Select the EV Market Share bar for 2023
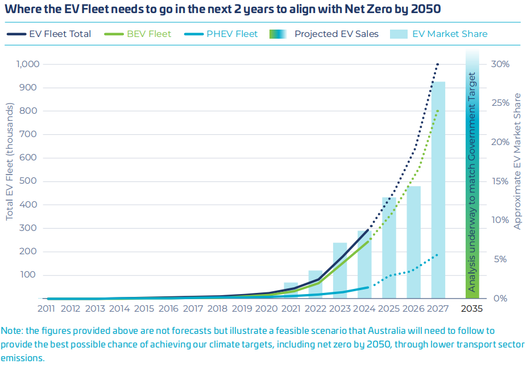(x=340, y=270)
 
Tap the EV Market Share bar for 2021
(x=291, y=290)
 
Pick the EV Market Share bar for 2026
(x=413, y=242)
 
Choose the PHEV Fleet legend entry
(x=221, y=34)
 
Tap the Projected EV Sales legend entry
(x=324, y=34)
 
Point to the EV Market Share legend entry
(x=438, y=34)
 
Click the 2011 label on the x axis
(x=47, y=309)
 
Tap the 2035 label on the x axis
(x=472, y=309)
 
